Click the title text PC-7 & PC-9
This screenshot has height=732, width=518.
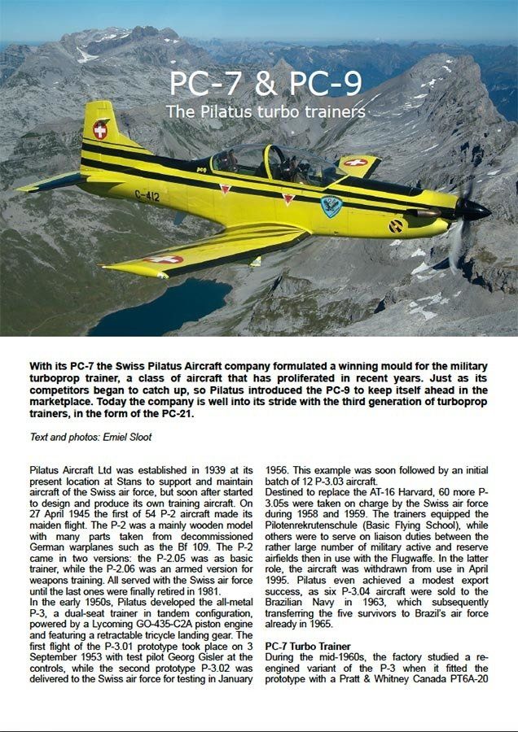266,84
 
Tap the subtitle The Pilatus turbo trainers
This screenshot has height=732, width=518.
266,111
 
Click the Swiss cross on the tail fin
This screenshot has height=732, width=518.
100,129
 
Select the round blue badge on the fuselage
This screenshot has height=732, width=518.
331,206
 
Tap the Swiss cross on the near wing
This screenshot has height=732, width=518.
163,259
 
